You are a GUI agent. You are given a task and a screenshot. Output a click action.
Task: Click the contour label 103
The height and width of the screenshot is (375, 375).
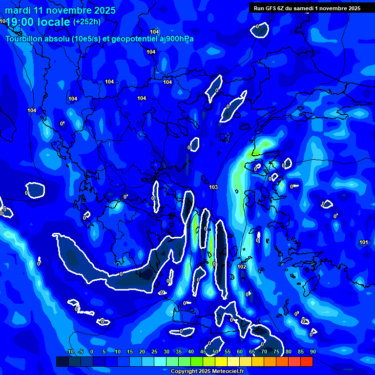pos(213,187)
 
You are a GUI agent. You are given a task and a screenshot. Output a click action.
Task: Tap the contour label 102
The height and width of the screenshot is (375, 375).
pos(242,267)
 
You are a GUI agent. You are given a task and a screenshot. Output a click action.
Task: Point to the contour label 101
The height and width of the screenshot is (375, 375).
pos(364,243)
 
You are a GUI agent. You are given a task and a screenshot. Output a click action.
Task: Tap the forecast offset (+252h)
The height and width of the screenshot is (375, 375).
pos(87,22)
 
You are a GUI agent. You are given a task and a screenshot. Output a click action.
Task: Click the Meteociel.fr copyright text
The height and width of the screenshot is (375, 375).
pos(207,371)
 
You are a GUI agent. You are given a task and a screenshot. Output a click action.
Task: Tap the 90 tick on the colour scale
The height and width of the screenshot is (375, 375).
pos(312,352)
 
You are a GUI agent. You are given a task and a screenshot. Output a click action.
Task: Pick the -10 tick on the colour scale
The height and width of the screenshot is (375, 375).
pos(69,352)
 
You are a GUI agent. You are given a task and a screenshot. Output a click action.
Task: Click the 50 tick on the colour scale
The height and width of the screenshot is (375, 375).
pos(215,352)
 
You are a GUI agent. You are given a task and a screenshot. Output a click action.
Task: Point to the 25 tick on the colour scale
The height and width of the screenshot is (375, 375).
pos(154,352)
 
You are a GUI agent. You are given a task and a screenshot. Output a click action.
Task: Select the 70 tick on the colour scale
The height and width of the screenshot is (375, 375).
pos(264,352)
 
